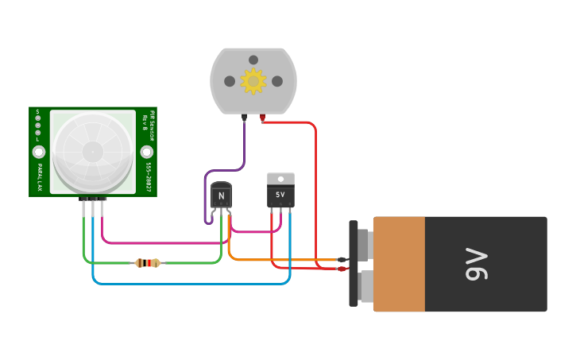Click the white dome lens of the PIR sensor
click(x=92, y=150)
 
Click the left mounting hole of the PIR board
click(x=38, y=151)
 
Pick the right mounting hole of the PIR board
click(x=146, y=151)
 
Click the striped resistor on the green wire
click(x=148, y=263)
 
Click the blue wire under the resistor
click(x=191, y=283)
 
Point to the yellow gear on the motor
click(x=253, y=80)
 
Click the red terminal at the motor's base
click(x=262, y=118)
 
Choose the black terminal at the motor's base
click(x=244, y=118)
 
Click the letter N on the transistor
click(x=222, y=195)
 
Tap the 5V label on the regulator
click(x=280, y=195)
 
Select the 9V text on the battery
click(x=475, y=264)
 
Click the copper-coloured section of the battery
click(x=399, y=264)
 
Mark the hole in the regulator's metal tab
click(x=280, y=178)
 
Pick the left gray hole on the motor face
click(x=230, y=81)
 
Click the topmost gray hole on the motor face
click(x=253, y=60)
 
